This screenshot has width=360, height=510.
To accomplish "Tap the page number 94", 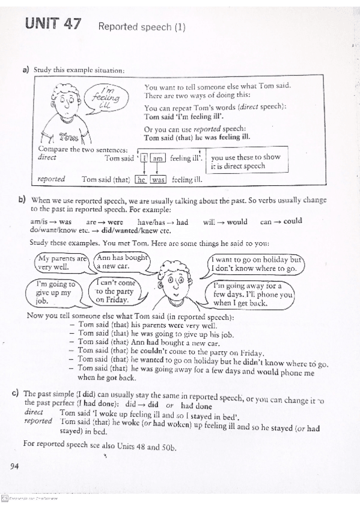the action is pyautogui.click(x=15, y=465).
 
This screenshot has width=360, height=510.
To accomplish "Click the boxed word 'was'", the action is pyautogui.click(x=158, y=179).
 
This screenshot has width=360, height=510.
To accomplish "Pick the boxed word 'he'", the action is pyautogui.click(x=142, y=179).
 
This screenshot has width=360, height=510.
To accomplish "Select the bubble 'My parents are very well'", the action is pyautogui.click(x=61, y=263).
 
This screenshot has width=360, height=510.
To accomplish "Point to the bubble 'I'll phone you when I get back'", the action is pyautogui.click(x=253, y=295).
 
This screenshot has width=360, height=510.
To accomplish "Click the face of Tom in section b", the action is pyautogui.click(x=175, y=281).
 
